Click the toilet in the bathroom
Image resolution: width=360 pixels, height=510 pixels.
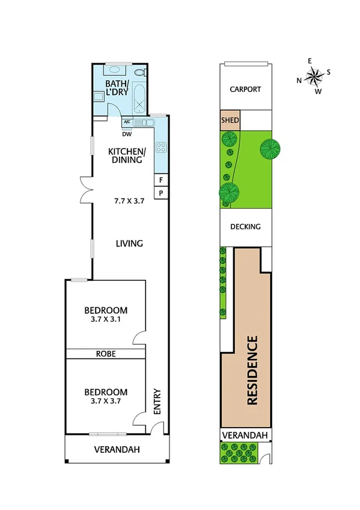(x=139, y=73)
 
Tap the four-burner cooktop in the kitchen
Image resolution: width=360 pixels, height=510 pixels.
(x=160, y=147)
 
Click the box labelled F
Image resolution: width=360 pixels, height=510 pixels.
(x=161, y=180)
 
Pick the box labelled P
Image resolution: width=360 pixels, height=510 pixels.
(x=161, y=192)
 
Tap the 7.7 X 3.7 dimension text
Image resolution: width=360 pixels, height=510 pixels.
(x=129, y=201)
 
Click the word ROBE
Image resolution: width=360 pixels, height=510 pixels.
(x=106, y=354)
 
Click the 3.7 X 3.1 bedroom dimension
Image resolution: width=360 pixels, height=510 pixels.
(x=106, y=319)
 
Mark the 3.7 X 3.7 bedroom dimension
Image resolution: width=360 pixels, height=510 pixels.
(x=106, y=401)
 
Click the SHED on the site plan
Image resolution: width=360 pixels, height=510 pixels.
(x=231, y=120)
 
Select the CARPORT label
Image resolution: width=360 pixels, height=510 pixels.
(x=246, y=89)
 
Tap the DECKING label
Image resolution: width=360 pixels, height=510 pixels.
(x=246, y=227)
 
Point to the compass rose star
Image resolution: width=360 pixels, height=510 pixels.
(x=314, y=76)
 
